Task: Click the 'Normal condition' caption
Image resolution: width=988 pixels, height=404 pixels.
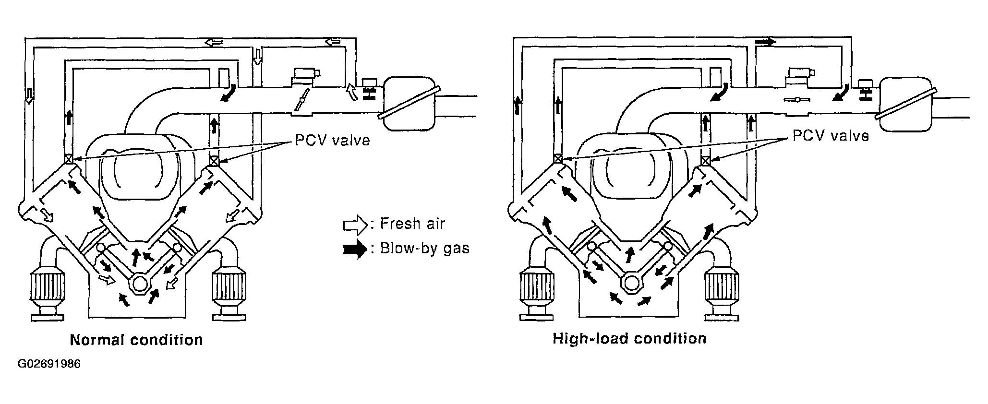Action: click(x=136, y=340)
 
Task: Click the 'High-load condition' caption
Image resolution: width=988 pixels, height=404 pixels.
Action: click(x=629, y=339)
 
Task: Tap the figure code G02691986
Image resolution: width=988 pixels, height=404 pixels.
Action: click(x=49, y=364)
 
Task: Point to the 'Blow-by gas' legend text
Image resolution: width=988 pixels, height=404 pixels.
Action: click(x=424, y=249)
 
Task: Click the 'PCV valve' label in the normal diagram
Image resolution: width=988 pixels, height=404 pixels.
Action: click(x=332, y=140)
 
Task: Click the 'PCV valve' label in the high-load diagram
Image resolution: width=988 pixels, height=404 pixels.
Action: click(x=831, y=136)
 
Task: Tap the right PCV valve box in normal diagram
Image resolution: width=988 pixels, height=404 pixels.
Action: click(x=214, y=160)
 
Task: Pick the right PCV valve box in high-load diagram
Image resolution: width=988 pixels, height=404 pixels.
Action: click(x=705, y=160)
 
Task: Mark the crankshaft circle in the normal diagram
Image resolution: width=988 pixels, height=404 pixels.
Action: click(x=140, y=283)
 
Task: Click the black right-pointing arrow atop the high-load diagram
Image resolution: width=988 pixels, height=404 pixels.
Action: click(x=765, y=42)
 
